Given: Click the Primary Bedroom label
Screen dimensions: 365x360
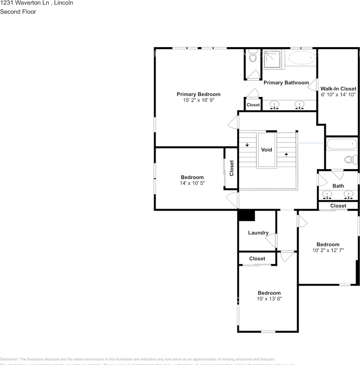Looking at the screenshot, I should coord(198,94).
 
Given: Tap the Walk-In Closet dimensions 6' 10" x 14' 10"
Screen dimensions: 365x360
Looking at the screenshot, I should coord(338,95).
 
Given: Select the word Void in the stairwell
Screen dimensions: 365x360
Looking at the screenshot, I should coord(267,150).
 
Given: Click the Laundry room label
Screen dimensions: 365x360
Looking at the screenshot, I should coord(258,233).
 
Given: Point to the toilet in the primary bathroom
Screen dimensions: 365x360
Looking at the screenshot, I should coord(253,57).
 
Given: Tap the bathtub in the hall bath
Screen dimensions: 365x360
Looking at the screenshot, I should coord(342,144).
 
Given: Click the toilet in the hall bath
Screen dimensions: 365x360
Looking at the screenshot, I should coord(350,160).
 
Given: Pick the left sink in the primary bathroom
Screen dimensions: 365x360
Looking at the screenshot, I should coord(273,104).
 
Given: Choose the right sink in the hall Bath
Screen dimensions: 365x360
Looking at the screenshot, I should coord(348,195).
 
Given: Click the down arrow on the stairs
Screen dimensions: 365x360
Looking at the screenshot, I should coord(247,145).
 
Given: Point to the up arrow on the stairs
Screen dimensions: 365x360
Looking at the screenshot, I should coord(286,154).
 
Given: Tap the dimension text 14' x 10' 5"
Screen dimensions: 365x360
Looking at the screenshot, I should coord(192,183).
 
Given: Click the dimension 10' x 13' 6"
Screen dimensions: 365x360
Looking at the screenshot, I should coord(269,299).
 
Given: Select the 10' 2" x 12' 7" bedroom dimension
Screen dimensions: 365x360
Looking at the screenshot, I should coord(328,251).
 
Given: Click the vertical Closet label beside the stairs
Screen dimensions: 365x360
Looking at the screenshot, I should coord(231,168).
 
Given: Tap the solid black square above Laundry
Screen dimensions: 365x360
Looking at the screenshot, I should coord(246,215).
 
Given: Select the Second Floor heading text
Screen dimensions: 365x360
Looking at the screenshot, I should coord(18,12).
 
